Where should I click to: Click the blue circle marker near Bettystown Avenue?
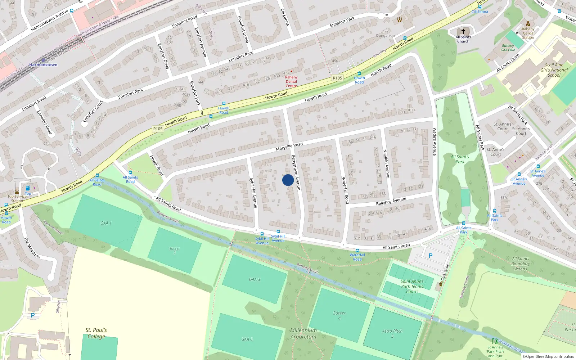point(288,180)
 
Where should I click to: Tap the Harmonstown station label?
point(43,65)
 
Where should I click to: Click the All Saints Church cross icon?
point(463,31)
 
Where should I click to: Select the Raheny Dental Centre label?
point(291,81)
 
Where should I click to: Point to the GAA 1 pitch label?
point(106,223)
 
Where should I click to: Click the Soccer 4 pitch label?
point(339,315)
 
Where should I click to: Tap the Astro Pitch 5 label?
point(392,333)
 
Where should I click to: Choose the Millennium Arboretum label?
point(303,333)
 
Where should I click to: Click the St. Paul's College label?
point(96,333)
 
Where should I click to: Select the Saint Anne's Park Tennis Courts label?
point(412,287)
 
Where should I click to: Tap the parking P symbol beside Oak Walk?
point(430,256)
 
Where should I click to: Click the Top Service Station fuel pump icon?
point(28,188)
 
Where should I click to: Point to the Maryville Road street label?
point(289,147)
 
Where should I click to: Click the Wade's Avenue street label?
point(435,141)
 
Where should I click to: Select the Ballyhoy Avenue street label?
point(391,201)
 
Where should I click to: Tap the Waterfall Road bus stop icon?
point(357,251)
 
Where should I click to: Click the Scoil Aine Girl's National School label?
point(554,70)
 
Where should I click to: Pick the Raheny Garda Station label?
point(528,33)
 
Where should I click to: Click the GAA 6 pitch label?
point(247,339)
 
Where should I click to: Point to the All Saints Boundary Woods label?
point(521,264)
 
